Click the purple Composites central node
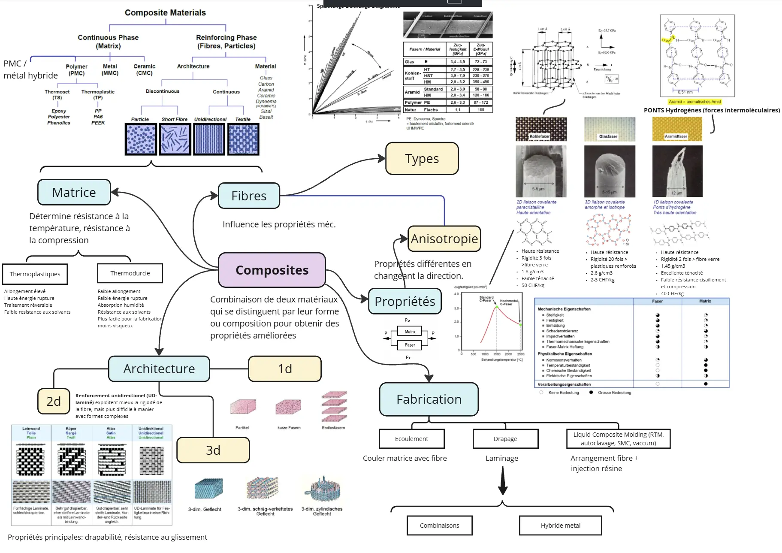click(272, 270)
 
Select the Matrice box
click(74, 192)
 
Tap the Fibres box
click(249, 196)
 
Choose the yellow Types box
click(422, 159)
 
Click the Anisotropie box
click(444, 239)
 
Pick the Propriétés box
click(405, 301)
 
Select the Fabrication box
click(429, 399)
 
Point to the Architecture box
click(159, 369)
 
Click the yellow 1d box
click(285, 369)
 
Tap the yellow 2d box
click(54, 401)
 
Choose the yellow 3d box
click(213, 450)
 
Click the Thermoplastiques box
click(35, 274)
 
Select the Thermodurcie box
click(130, 273)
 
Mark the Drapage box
click(505, 439)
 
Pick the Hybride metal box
click(560, 526)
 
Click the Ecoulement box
click(411, 439)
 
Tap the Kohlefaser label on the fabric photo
click(540, 136)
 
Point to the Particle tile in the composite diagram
click(140, 139)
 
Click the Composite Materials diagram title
click(165, 13)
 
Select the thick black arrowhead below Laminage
click(503, 489)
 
